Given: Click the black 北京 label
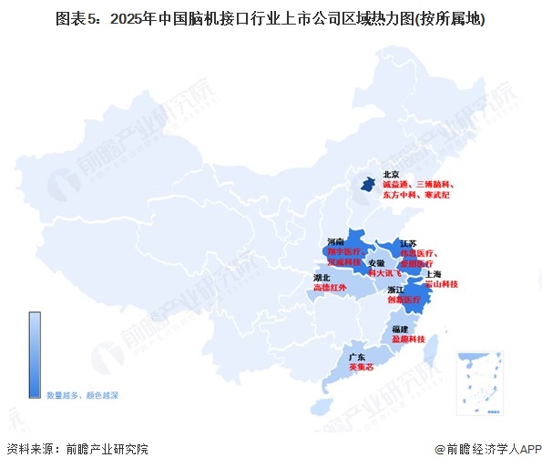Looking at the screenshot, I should (x=391, y=174).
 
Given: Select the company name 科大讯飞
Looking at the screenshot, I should (x=383, y=272).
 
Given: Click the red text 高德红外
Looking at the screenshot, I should (x=330, y=287).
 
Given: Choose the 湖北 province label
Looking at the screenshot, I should (x=322, y=277).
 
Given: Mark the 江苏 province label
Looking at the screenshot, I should (x=409, y=243).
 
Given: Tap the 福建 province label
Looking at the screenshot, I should (x=401, y=328).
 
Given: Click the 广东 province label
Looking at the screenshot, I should (x=356, y=357).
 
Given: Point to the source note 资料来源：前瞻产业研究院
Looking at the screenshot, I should (x=77, y=449).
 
